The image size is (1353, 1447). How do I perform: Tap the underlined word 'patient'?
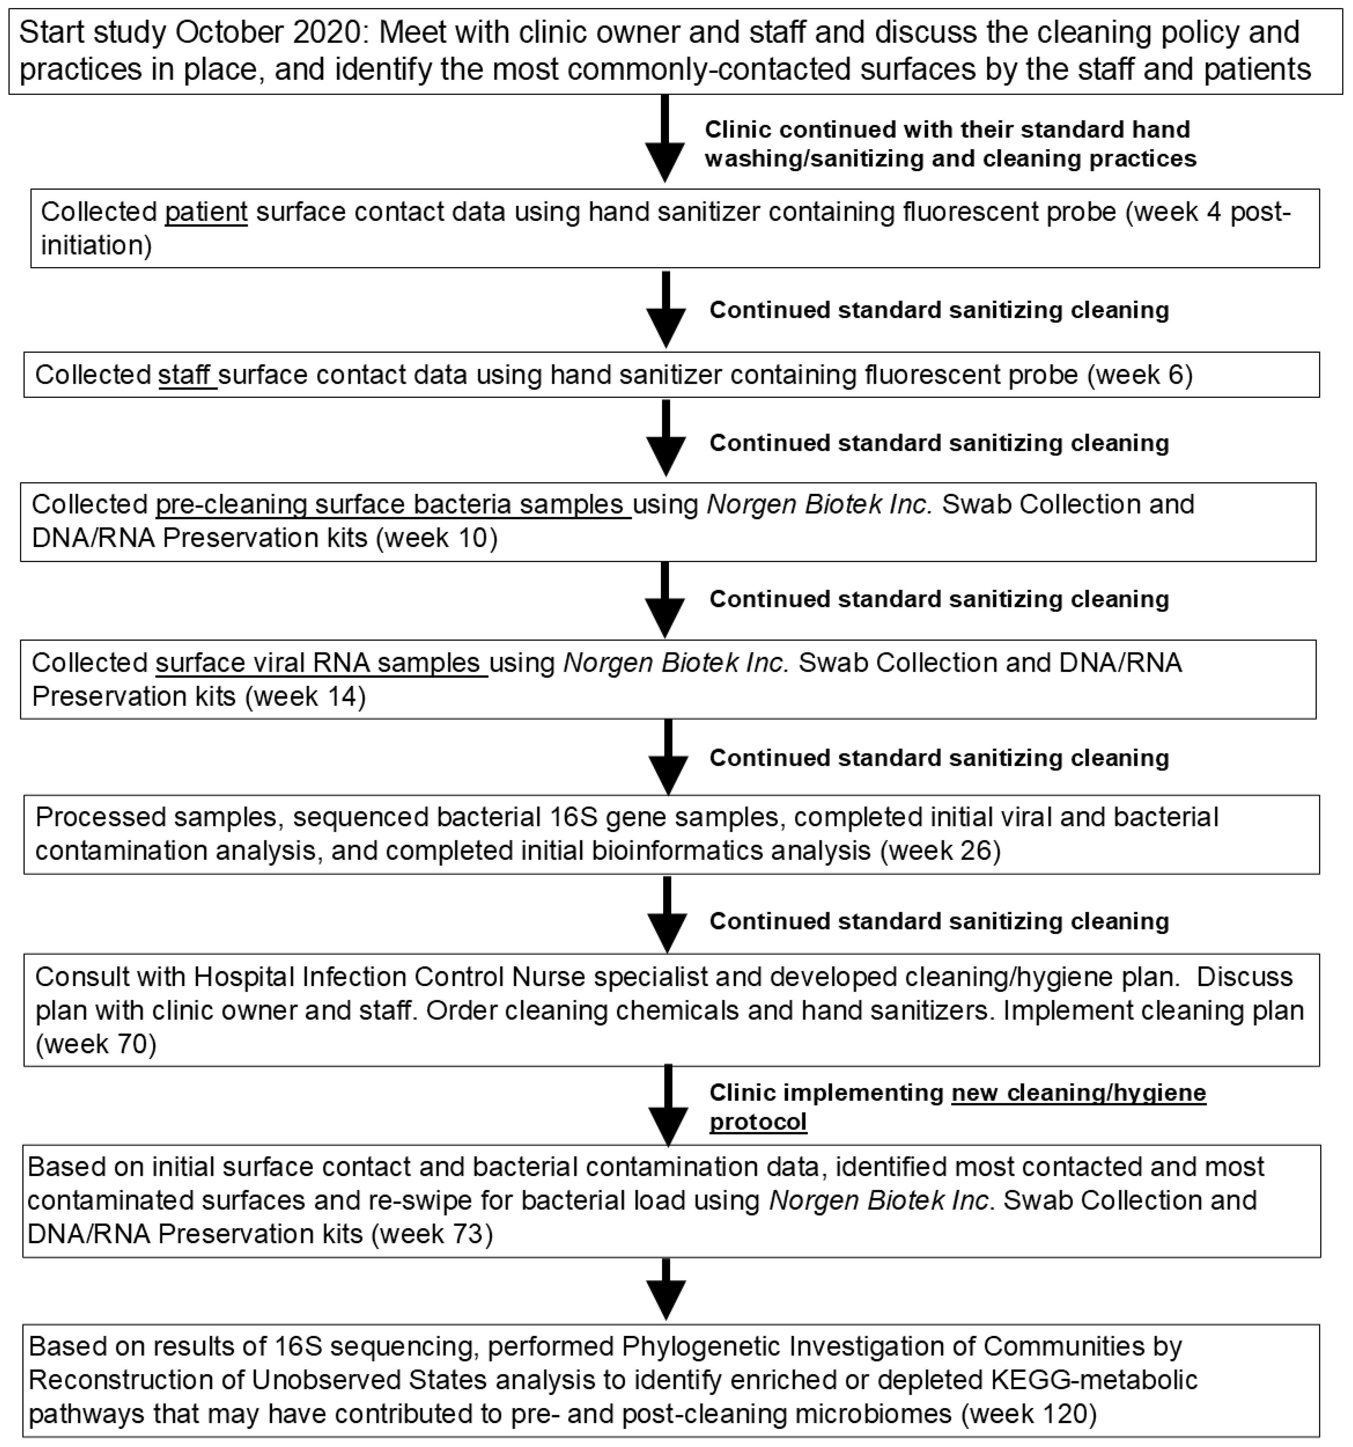coord(206,212)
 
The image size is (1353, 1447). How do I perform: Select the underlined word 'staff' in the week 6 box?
coord(186,375)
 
